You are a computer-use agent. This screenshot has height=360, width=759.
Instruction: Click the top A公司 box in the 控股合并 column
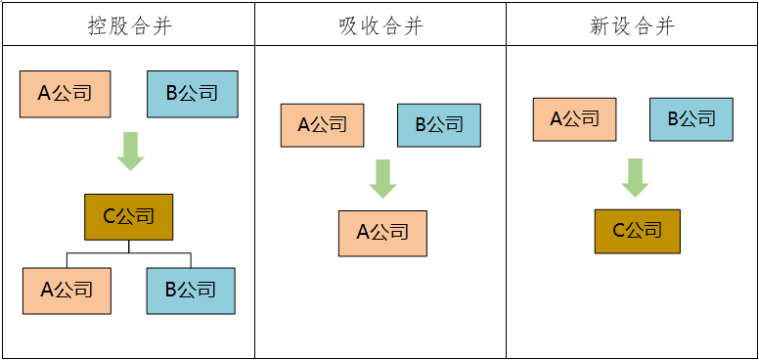pos(65,94)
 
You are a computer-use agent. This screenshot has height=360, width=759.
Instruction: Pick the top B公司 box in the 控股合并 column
pos(192,94)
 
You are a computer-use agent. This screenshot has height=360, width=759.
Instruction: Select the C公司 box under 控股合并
pos(128,217)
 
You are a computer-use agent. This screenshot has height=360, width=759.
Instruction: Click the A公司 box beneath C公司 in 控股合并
pos(67,291)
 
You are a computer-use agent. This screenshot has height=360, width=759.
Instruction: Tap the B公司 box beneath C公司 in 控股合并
pos(191,291)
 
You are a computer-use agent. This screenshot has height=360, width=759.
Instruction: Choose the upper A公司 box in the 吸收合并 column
pos(322,125)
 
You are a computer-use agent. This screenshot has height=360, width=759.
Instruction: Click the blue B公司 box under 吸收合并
pos(439,125)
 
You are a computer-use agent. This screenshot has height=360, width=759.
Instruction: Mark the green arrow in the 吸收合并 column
pos(382,178)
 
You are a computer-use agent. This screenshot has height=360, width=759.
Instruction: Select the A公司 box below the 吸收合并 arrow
pos(382,233)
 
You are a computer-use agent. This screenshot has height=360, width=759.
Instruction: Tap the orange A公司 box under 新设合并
pos(574,119)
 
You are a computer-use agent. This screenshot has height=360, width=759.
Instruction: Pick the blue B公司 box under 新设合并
pos(692,119)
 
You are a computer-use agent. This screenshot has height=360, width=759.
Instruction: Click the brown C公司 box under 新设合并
pos(637,231)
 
